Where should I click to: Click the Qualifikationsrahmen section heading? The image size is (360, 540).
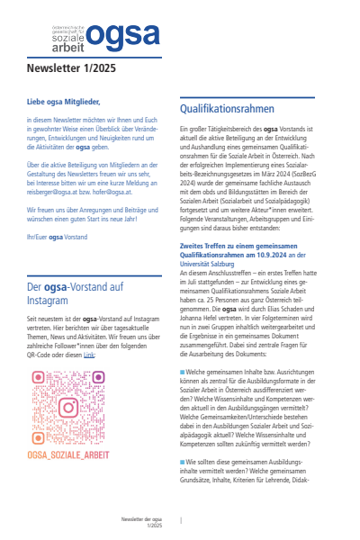coord(226,108)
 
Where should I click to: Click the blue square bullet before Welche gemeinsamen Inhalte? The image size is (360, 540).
coord(183,371)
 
